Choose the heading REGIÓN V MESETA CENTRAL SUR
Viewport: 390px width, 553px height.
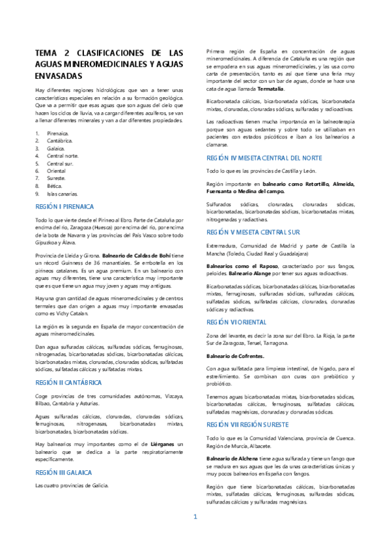[253, 232]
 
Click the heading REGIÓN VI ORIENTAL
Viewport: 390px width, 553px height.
[236, 322]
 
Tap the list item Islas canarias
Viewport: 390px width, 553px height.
[62, 194]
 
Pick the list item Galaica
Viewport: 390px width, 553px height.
[55, 148]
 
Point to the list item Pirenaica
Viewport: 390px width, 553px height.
[57, 132]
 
